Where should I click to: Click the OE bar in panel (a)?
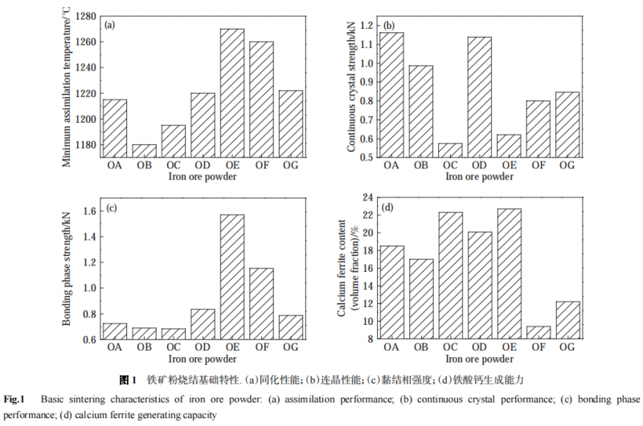click(x=231, y=93)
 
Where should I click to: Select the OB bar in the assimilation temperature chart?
click(x=144, y=151)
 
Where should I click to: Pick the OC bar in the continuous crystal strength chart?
click(x=450, y=150)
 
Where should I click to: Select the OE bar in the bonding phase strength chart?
click(x=231, y=277)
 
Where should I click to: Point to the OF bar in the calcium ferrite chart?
click(x=538, y=332)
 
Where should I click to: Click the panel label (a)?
click(x=110, y=24)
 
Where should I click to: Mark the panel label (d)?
click(x=389, y=207)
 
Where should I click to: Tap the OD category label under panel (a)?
click(x=203, y=165)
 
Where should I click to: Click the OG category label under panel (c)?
click(x=290, y=347)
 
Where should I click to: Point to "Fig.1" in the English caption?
click(x=16, y=399)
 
